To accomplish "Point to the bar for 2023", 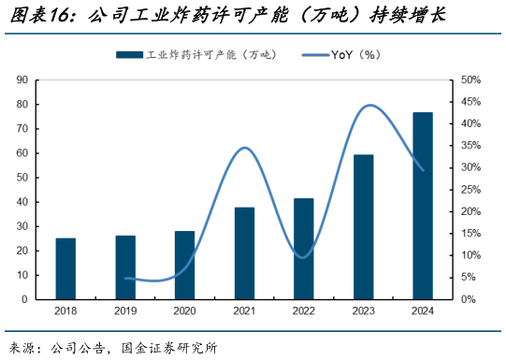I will pos(363,226).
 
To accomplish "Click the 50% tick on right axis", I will pos(470,80).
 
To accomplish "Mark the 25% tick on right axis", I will pos(470,190).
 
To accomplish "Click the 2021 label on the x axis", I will pos(244,311).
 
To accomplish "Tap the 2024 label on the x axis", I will pos(423,311).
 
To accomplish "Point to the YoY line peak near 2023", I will pos(369,105).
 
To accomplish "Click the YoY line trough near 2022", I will pos(300,256).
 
